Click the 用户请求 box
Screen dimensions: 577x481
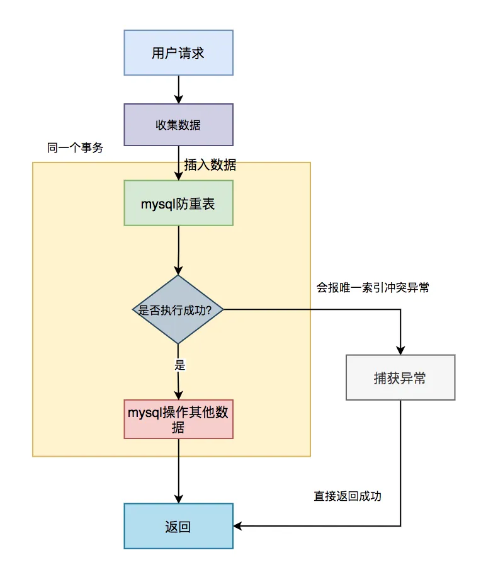click(x=178, y=53)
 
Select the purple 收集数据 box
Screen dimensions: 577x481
click(x=178, y=125)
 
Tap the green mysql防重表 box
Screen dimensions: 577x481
click(x=178, y=203)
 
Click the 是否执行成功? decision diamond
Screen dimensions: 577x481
click(x=178, y=309)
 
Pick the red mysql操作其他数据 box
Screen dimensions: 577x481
click(x=178, y=419)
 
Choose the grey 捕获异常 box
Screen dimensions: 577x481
click(x=400, y=378)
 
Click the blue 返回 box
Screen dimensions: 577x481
click(x=178, y=526)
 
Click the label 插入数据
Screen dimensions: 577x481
click(x=210, y=165)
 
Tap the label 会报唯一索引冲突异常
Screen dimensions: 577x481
click(x=373, y=288)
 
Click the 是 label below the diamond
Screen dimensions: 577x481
click(x=179, y=365)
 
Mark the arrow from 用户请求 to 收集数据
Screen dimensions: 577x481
click(x=178, y=89)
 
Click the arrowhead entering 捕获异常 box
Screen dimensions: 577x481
click(x=400, y=350)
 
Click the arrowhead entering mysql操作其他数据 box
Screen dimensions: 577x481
click(x=179, y=394)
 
